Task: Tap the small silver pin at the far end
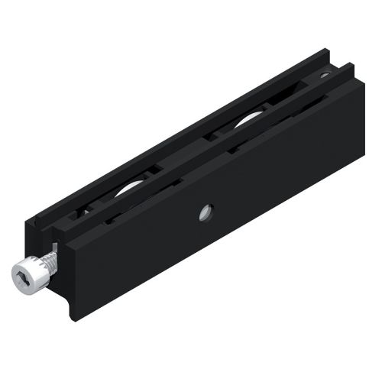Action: coord(325,75)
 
